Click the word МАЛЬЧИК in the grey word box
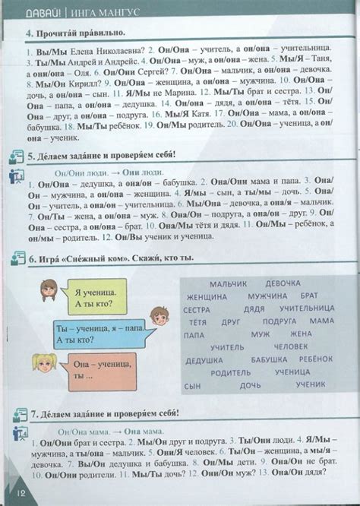[228, 284]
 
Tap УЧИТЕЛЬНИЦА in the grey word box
[306, 309]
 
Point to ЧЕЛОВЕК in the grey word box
[292, 346]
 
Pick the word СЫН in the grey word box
[193, 386]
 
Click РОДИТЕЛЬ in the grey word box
[231, 373]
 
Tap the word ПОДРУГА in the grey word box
[279, 321]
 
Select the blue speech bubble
[99, 331]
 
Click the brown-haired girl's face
[49, 290]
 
